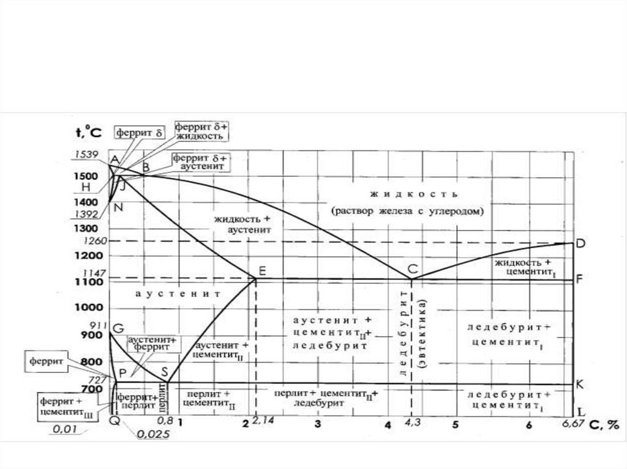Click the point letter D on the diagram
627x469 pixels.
click(581, 244)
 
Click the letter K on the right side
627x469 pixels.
click(580, 384)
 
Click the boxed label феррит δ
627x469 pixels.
click(140, 131)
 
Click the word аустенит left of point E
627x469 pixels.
click(178, 294)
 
